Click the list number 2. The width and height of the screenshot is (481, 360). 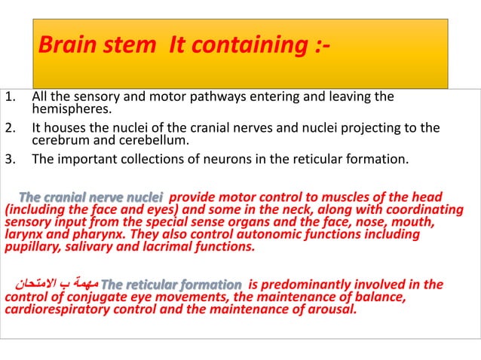pos(9,127)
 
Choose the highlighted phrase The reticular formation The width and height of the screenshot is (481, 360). pos(171,285)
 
